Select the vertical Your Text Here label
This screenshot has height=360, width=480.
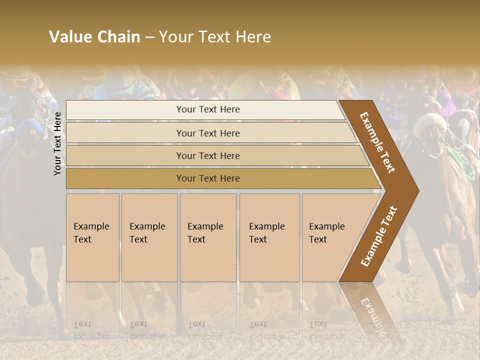point(58,143)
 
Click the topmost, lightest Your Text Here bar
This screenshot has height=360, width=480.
point(207,109)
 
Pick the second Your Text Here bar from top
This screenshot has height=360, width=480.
point(207,133)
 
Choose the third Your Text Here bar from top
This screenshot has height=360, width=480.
point(207,155)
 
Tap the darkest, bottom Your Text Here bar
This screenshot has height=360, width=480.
point(207,178)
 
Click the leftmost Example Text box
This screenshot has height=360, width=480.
point(92,237)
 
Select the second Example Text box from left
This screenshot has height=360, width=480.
point(149,237)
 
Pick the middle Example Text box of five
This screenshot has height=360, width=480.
point(208,237)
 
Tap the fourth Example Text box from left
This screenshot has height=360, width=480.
point(269,237)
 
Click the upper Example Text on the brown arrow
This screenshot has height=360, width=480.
point(378,142)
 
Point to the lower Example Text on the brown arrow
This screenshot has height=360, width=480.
point(378,236)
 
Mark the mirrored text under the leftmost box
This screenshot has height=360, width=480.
point(91,330)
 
